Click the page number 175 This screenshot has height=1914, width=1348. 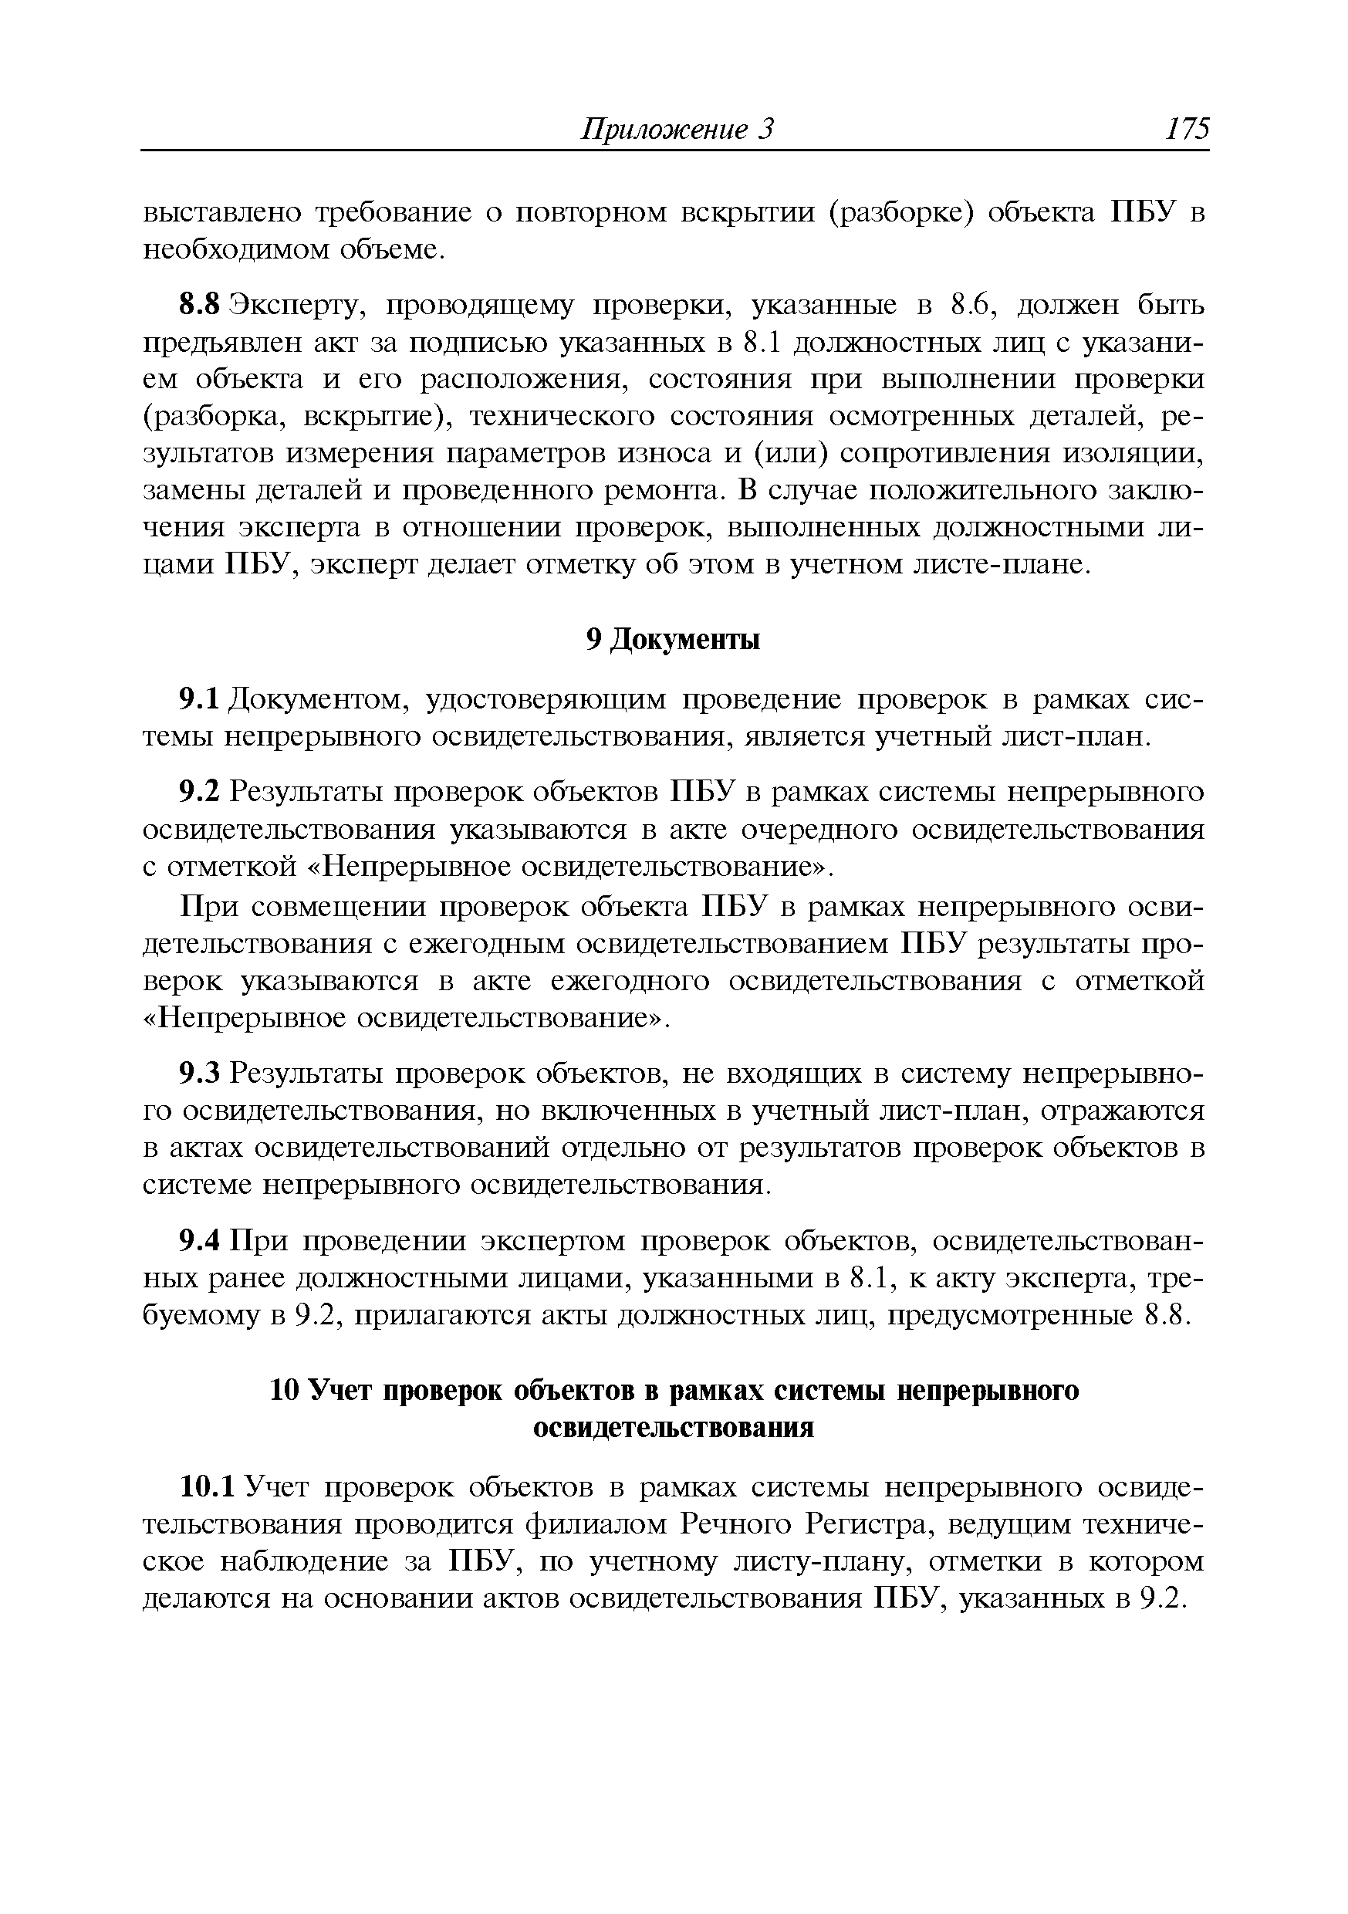(x=1187, y=129)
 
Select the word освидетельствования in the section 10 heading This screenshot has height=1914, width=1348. (x=673, y=1427)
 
